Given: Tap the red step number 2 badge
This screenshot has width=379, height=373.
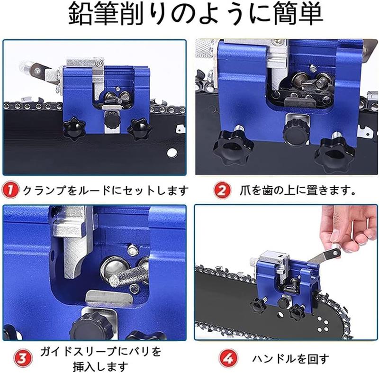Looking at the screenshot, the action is click(x=222, y=190).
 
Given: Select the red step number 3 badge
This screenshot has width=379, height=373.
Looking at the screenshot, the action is click(x=23, y=358).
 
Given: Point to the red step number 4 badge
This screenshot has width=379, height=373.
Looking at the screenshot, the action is click(x=228, y=358).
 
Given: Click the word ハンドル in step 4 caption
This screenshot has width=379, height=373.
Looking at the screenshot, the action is click(x=275, y=359).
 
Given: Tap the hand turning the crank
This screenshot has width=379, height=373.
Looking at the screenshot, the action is click(x=348, y=228).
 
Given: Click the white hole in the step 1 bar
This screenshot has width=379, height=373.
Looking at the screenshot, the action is click(x=172, y=153).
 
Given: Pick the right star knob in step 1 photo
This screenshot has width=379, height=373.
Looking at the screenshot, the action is click(x=139, y=128).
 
